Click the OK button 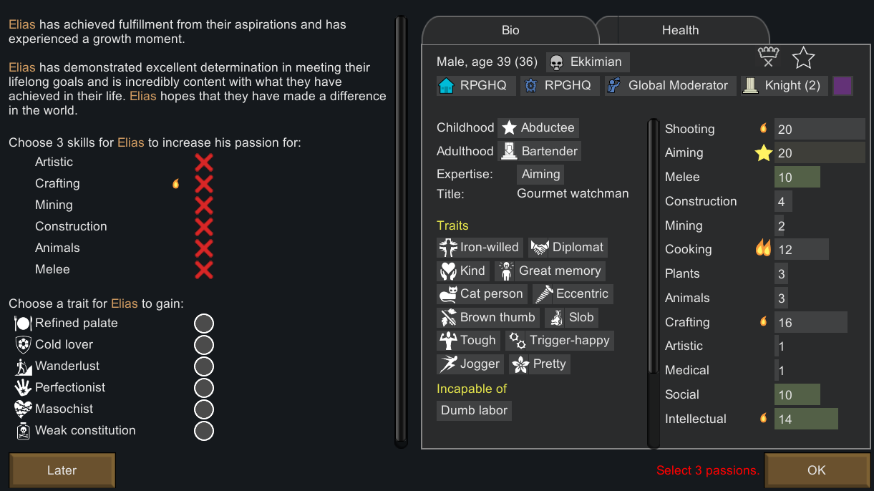pos(817,470)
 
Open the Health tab pos(680,30)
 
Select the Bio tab pos(510,30)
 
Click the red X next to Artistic pos(204,162)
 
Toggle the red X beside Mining pos(204,205)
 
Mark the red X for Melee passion pos(204,270)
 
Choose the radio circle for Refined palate pos(204,324)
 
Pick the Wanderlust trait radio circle pos(204,366)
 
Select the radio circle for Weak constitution pos(204,431)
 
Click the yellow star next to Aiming pos(764,152)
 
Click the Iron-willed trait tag pos(480,247)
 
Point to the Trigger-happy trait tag pos(560,341)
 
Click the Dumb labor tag pos(474,410)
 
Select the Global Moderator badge pos(670,85)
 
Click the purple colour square pos(843,85)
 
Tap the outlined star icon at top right pos(803,58)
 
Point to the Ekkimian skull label pos(588,62)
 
